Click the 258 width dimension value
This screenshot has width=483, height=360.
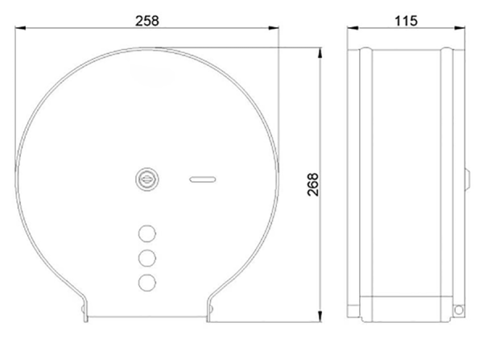click(x=147, y=21)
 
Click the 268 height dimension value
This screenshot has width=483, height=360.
click(x=313, y=184)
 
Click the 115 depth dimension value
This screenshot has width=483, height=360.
click(x=406, y=21)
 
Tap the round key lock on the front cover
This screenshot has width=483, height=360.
click(x=147, y=179)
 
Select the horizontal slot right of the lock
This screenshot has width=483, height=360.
click(x=202, y=180)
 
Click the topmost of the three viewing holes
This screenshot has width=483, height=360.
click(x=147, y=234)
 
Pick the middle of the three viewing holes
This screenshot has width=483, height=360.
click(x=147, y=258)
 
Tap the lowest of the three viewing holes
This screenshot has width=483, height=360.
click(x=147, y=283)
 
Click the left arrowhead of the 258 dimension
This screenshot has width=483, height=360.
click(x=20, y=28)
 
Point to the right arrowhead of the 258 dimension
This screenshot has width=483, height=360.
click(x=273, y=28)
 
